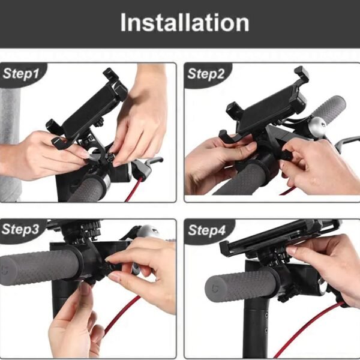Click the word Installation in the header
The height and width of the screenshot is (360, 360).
(184, 23)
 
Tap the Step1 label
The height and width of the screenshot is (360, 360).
(21, 74)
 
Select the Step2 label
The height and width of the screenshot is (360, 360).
(206, 74)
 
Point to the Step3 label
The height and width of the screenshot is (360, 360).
(20, 229)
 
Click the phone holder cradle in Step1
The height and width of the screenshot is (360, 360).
(90, 108)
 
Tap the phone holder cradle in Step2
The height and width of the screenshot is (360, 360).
(264, 108)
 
